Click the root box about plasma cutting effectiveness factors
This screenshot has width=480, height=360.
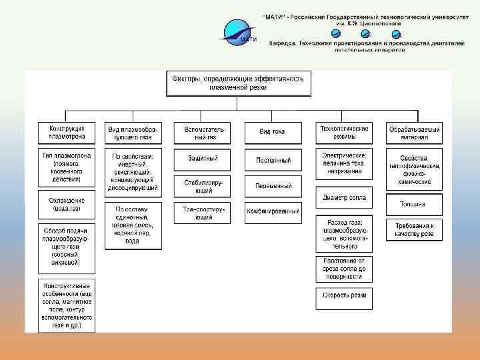(x=238, y=83)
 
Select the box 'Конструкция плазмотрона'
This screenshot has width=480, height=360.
(x=67, y=132)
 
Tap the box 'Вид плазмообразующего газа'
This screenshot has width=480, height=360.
(x=133, y=132)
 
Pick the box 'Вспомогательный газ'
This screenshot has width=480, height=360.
(x=202, y=132)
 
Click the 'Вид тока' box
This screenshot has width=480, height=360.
(x=272, y=132)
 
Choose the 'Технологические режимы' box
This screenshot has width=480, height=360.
(x=344, y=132)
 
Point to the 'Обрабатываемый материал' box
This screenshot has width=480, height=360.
(x=414, y=132)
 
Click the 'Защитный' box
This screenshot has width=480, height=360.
(x=202, y=159)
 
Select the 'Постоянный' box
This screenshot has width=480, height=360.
(x=273, y=161)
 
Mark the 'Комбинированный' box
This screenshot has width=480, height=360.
(x=273, y=212)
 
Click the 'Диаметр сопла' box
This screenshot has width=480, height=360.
(x=344, y=197)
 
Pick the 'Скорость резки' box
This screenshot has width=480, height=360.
(x=344, y=295)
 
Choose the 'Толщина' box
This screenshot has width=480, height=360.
(x=413, y=204)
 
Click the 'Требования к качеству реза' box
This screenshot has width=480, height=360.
(x=413, y=230)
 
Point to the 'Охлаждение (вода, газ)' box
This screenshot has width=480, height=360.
(x=67, y=204)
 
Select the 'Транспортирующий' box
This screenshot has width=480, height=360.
(x=202, y=212)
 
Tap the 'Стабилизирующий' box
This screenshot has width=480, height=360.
(x=202, y=185)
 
